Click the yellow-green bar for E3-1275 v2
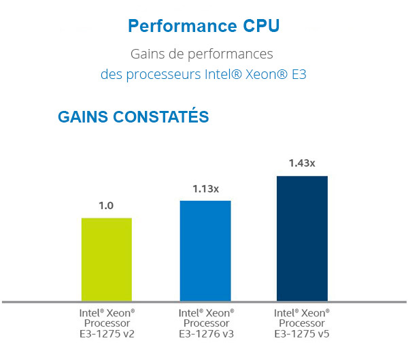point(106,259)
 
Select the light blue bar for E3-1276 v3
point(205,250)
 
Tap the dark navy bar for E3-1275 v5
point(302,238)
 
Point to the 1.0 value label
point(106,206)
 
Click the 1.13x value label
point(205,189)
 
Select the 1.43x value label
point(302,163)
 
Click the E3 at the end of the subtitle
point(298,74)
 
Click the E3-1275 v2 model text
point(107,333)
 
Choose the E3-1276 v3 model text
point(206,333)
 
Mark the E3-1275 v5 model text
point(302,333)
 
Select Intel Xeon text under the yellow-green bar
point(107,312)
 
